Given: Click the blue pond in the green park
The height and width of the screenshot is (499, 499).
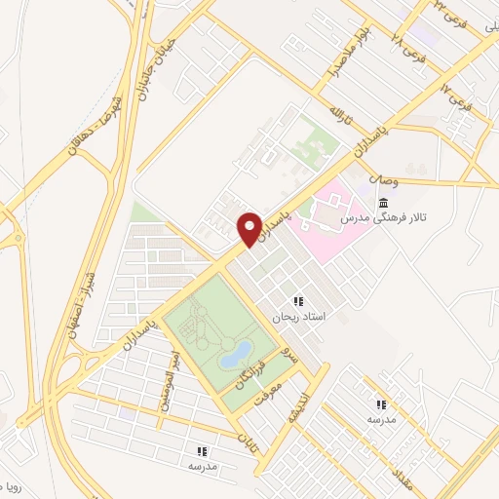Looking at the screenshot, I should (235, 354).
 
